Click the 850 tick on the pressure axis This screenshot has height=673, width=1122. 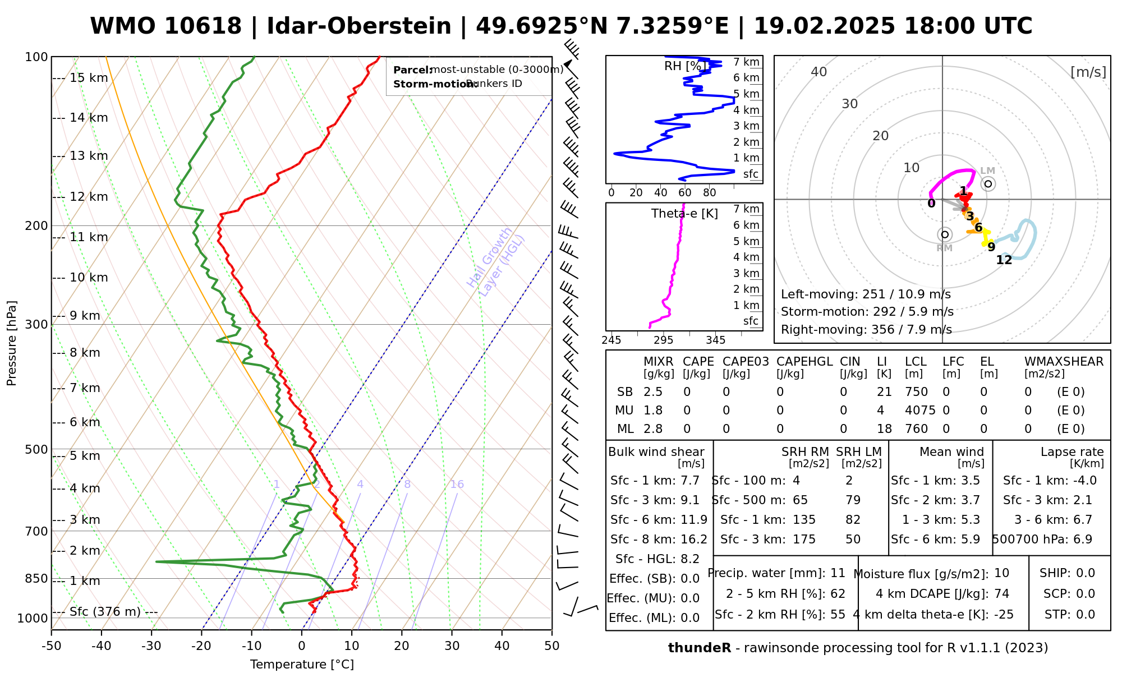pos(36,578)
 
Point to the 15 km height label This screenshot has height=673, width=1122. pos(88,78)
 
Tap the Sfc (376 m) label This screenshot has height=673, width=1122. pos(105,611)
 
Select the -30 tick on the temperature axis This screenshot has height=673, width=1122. pos(151,646)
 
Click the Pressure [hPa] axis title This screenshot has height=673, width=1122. pos(11,343)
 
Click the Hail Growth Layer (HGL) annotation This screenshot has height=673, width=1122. pos(496,261)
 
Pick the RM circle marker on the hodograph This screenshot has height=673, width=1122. pos(945,234)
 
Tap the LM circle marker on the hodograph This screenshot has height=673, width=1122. pos(988,183)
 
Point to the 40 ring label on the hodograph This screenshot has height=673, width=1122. pos(819,72)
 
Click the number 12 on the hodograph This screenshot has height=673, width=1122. pos(1004,260)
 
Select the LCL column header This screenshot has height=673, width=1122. pos(916,362)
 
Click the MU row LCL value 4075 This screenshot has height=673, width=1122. pos(920,411)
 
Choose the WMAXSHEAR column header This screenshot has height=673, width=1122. pos(1064,362)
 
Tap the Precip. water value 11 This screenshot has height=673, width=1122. pos(838,573)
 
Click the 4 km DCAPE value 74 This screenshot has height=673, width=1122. pos(1001,594)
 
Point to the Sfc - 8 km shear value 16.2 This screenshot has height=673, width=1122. pos(694,540)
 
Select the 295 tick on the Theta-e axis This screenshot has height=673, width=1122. pos(664,340)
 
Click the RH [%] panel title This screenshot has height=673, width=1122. pos(684,66)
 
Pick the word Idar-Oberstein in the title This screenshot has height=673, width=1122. pos(359,26)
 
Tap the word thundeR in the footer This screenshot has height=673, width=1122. pos(700,648)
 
